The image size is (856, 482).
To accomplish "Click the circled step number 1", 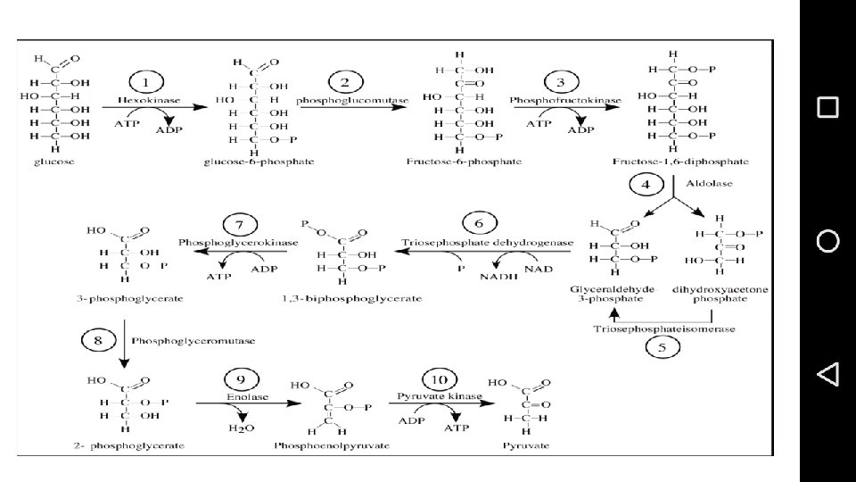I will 147,83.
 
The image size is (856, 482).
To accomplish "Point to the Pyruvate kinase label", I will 440,395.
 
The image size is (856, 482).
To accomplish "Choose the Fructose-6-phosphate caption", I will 464,162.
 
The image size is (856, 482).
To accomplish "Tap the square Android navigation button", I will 827,107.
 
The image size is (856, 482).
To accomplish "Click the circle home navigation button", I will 827,240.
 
